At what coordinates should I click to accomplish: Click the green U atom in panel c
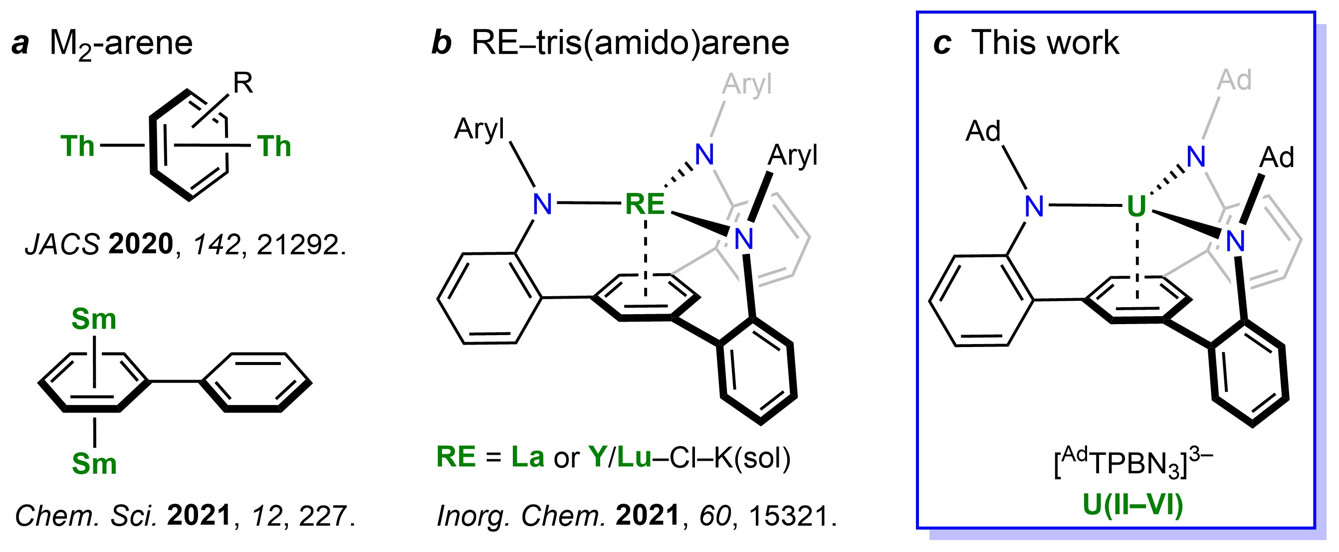[x=1136, y=206]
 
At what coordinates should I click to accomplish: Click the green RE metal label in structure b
[x=645, y=204]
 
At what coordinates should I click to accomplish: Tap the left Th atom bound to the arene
[x=78, y=146]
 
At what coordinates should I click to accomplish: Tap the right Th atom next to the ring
[x=274, y=146]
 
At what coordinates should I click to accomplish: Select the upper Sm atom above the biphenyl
[x=94, y=319]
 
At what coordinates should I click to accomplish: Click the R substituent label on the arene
[x=243, y=83]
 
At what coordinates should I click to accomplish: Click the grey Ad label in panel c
[x=1235, y=80]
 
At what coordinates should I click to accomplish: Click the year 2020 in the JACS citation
[x=140, y=244]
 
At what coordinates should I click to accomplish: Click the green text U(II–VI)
[x=1133, y=506]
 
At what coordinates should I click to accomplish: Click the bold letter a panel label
[x=20, y=43]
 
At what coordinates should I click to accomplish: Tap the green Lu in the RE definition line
[x=635, y=457]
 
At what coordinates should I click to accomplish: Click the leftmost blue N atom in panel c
[x=1034, y=207]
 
